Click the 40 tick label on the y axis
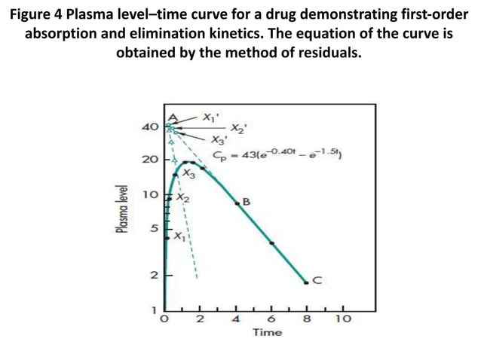(x=150, y=127)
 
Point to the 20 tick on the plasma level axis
(x=150, y=160)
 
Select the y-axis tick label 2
(x=153, y=276)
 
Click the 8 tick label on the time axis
(x=308, y=319)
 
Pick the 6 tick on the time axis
(x=272, y=319)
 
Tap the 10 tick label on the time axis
(x=343, y=319)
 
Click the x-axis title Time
(x=268, y=332)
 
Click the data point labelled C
(x=306, y=282)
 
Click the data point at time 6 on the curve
(x=272, y=243)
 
